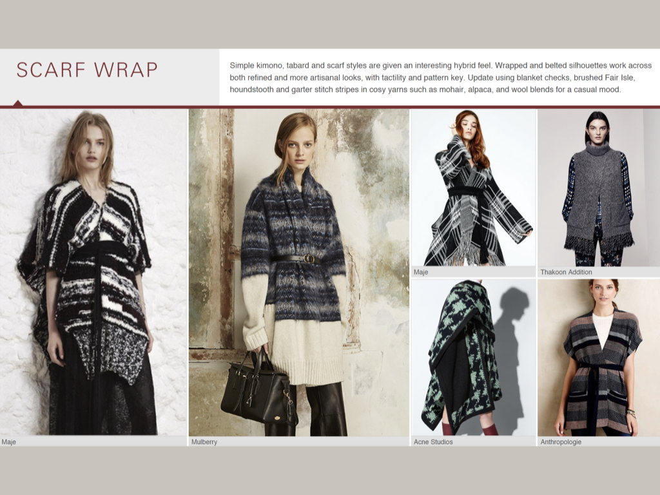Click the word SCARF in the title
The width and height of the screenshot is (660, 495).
[x=51, y=70]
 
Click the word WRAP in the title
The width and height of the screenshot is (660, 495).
[x=126, y=70]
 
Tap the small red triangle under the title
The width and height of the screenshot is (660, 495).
[x=17, y=103]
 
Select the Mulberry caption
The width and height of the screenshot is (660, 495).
[x=204, y=442]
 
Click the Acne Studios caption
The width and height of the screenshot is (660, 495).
[x=433, y=442]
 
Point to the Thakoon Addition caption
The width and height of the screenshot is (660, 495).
[x=566, y=272]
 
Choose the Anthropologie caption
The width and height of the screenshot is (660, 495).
[x=561, y=442]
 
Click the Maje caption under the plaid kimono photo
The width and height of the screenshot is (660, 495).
[x=420, y=272]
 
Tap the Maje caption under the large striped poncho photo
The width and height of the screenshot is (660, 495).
[x=8, y=442]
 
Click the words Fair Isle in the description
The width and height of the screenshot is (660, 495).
[x=619, y=77]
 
